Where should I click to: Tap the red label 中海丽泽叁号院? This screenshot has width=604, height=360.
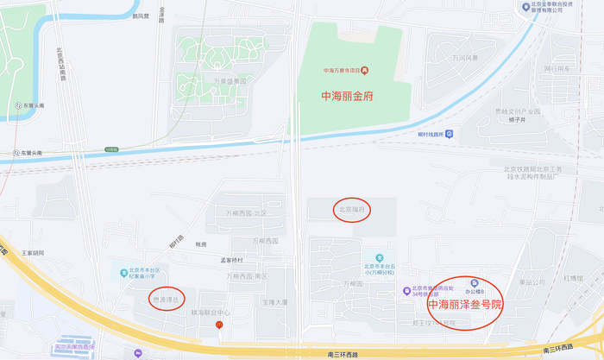click(x=465, y=305)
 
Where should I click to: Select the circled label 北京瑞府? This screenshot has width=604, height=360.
click(x=351, y=210)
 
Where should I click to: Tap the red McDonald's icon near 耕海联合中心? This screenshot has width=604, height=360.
click(x=219, y=325)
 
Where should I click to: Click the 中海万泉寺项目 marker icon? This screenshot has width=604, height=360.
click(x=365, y=70)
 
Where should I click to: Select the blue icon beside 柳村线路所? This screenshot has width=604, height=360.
click(x=449, y=134)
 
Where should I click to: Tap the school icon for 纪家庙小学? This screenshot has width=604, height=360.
click(x=123, y=274)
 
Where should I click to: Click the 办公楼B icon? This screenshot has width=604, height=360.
click(x=473, y=282)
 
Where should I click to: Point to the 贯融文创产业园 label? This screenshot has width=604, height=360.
click(x=517, y=111)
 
